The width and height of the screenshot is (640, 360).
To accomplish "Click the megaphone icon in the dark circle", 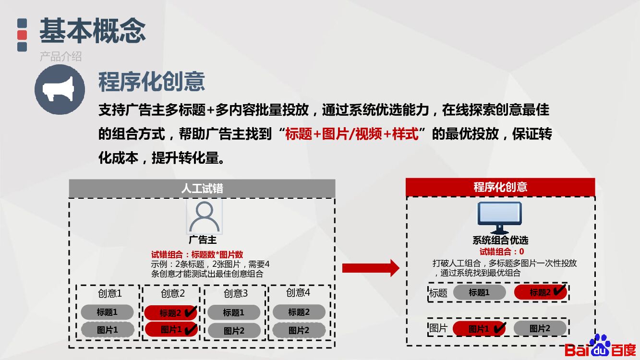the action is (60, 89).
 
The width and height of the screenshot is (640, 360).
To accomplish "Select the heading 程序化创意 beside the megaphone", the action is (152, 81).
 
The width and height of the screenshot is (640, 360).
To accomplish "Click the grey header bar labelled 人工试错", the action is (202, 188).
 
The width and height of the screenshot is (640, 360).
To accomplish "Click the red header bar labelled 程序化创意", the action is (500, 187).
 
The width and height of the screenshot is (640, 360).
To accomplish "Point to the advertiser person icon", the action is (205, 216).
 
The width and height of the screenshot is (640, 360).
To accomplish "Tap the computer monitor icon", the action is (499, 217).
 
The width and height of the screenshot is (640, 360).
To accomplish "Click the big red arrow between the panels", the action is (370, 268).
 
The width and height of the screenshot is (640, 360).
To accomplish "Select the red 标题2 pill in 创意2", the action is (171, 313).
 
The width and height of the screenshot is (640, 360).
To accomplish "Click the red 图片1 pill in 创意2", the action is (171, 330).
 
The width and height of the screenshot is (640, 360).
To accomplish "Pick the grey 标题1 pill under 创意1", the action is (107, 312).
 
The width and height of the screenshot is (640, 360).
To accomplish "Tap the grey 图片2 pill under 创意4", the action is (299, 330).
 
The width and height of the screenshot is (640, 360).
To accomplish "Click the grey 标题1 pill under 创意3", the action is (234, 312).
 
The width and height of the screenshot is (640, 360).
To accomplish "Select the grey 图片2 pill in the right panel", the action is (540, 328).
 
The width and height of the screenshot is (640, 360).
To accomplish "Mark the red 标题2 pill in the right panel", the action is (540, 292).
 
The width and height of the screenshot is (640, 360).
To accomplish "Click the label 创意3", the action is (236, 293).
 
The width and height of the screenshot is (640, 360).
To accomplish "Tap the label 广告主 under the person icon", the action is (203, 240).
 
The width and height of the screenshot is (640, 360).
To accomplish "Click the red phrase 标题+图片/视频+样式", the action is (352, 134).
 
